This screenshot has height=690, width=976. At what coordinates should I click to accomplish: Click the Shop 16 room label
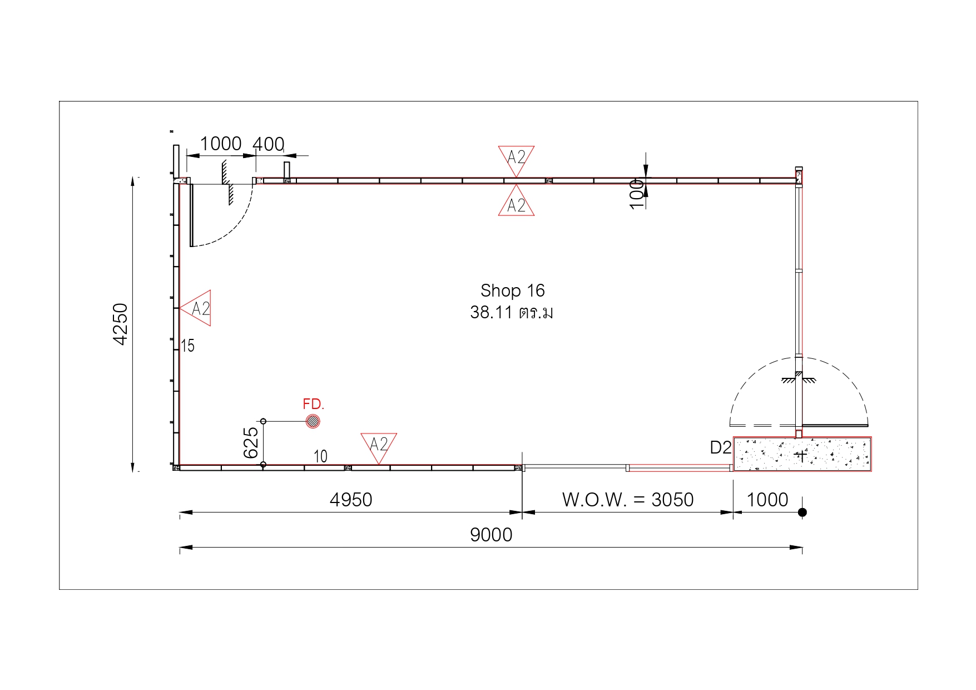tap(512, 290)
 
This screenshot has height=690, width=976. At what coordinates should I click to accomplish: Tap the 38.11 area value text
tap(491, 312)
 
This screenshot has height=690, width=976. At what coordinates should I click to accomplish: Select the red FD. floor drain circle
tap(313, 421)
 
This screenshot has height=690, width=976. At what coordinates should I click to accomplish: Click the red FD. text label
tap(313, 404)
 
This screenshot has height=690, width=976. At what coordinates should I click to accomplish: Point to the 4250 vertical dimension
tap(120, 324)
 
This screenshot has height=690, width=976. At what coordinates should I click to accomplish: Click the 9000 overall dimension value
tap(491, 535)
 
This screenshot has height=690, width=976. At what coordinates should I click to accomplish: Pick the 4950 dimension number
tap(351, 500)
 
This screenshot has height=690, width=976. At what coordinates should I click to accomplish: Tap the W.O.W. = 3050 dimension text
tap(628, 500)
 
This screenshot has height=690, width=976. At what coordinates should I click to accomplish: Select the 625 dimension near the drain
tap(251, 442)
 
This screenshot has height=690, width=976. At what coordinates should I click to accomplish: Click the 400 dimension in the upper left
tap(269, 144)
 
